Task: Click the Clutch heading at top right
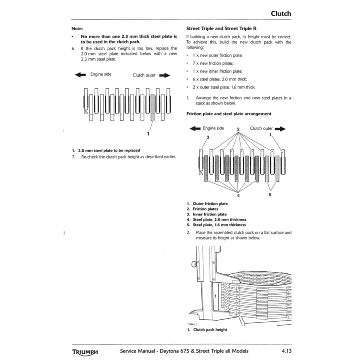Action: (281, 14)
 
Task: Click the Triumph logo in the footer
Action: (85, 352)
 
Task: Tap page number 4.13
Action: (287, 351)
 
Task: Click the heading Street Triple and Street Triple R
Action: (218, 28)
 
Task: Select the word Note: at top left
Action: (77, 28)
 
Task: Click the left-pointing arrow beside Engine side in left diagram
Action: (80, 75)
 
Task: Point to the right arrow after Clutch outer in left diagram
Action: (165, 75)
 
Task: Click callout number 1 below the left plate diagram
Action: (148, 134)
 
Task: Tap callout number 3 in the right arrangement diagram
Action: (207, 137)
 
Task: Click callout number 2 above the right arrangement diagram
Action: (238, 129)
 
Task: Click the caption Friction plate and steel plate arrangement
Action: (229, 114)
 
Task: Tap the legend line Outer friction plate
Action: (210, 204)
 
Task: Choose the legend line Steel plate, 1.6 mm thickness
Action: (219, 225)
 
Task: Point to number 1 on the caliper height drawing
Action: (215, 296)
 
